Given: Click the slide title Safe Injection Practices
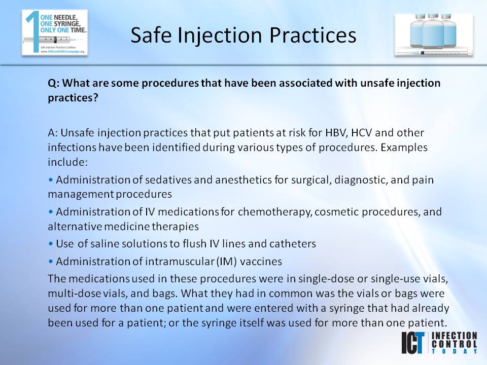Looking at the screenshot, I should (x=243, y=35).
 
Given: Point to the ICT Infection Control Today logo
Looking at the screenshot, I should (x=439, y=343).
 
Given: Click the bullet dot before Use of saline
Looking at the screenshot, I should (x=51, y=244).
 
